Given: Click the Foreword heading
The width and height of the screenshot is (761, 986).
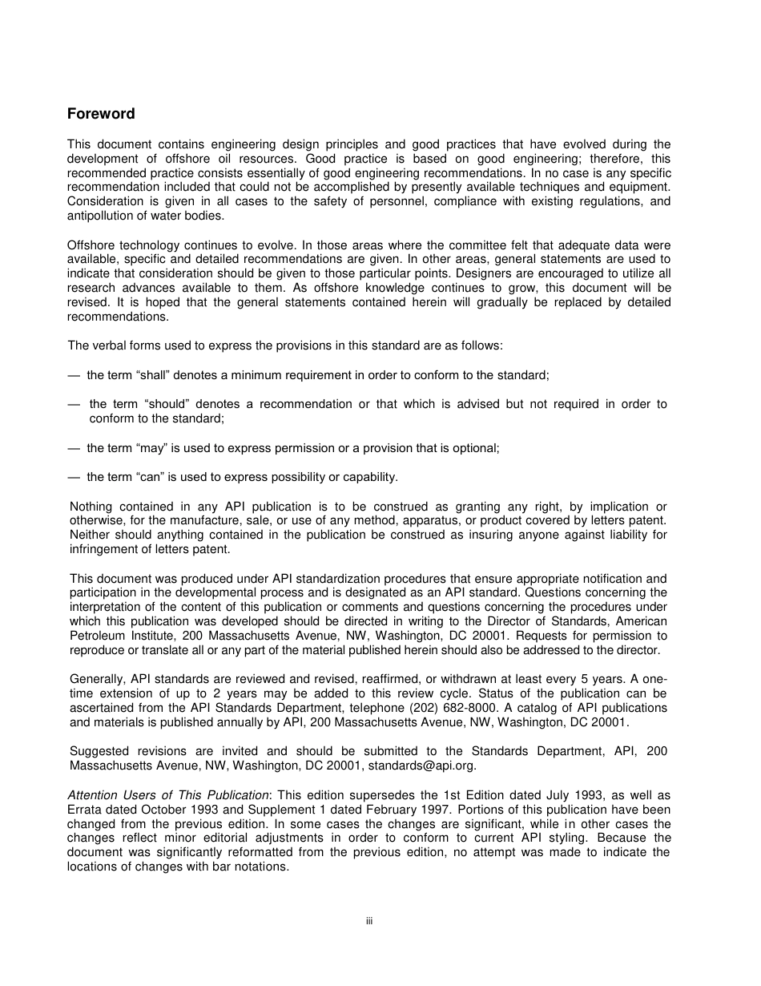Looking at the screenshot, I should tap(101, 114).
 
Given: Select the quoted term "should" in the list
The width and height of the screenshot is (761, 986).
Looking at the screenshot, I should tap(166, 404).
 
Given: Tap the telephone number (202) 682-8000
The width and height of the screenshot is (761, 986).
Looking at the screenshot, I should tap(447, 708).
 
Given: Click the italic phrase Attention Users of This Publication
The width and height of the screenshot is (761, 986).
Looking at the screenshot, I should tap(168, 795).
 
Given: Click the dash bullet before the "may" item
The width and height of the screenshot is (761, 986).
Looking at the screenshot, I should tap(74, 448).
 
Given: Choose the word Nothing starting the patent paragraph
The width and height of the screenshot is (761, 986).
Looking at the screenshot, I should tap(91, 507).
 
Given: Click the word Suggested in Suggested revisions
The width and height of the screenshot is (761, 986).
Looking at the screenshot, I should tap(99, 751).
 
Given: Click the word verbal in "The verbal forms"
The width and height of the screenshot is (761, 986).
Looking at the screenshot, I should tap(109, 346).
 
